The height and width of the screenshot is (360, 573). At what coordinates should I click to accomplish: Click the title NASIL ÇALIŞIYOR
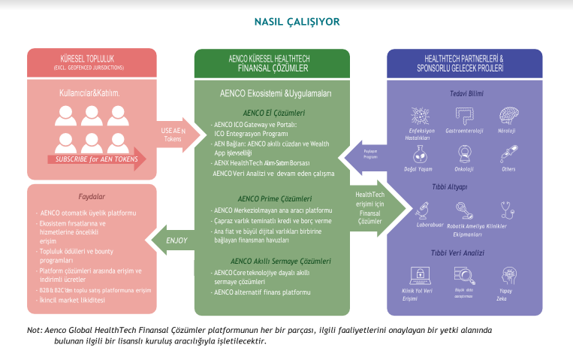tap(286, 22)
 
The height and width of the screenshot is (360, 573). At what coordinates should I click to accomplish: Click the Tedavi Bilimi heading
tap(463, 94)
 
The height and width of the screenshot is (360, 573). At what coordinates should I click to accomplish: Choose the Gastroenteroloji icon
tap(463, 115)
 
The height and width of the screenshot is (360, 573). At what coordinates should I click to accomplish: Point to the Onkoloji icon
tap(463, 154)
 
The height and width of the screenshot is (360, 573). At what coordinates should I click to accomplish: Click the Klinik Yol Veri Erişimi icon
tap(418, 275)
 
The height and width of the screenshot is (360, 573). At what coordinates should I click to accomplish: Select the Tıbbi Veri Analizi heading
tap(463, 254)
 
